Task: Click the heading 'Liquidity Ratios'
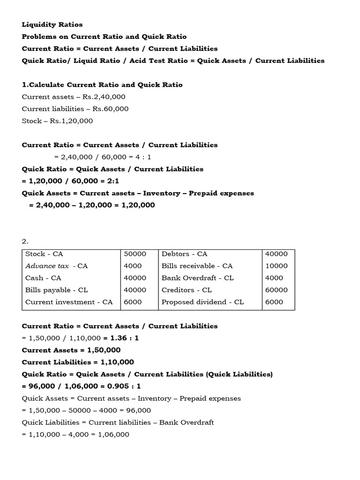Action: (52, 24)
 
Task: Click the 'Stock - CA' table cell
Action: (44, 254)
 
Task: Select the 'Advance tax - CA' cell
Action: (56, 266)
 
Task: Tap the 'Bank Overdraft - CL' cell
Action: (197, 278)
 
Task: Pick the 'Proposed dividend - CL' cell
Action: (202, 302)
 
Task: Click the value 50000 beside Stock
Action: (135, 254)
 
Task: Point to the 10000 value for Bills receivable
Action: (277, 266)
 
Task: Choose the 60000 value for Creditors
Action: (277, 290)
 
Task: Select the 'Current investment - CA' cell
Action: (69, 302)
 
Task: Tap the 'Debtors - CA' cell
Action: (184, 254)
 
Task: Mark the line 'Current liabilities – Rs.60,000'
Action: (75, 109)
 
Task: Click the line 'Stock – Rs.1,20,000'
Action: (57, 121)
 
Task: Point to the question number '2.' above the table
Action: (25, 242)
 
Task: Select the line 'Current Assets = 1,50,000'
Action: (71, 350)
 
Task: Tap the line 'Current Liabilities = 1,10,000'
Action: (78, 362)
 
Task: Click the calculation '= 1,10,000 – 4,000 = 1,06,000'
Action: (75, 435)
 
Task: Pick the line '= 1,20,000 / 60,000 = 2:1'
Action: (71, 181)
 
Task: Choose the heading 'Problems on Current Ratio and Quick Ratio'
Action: (104, 37)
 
